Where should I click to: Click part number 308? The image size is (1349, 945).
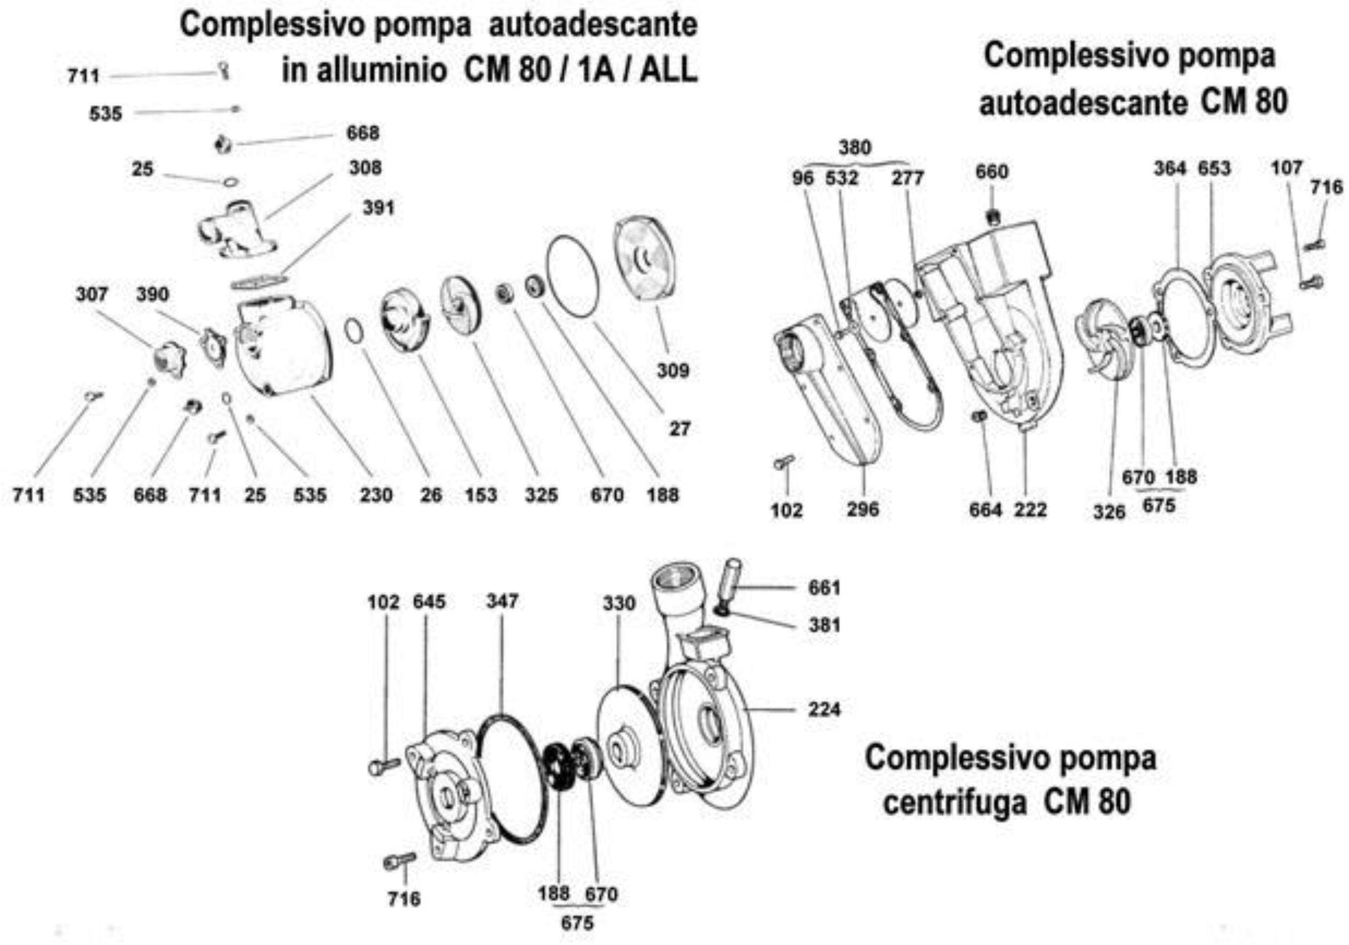tap(365, 168)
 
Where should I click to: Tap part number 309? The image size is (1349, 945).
tap(673, 370)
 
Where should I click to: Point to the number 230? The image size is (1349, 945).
tap(376, 495)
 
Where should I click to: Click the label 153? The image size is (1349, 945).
tap(480, 495)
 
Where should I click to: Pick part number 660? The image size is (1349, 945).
tap(992, 172)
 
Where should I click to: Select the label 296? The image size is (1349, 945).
tap(863, 509)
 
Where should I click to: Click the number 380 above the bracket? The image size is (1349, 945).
tap(855, 148)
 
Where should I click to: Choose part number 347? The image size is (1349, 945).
tap(502, 601)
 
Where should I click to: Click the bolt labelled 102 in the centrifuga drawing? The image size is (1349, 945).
tap(384, 766)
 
